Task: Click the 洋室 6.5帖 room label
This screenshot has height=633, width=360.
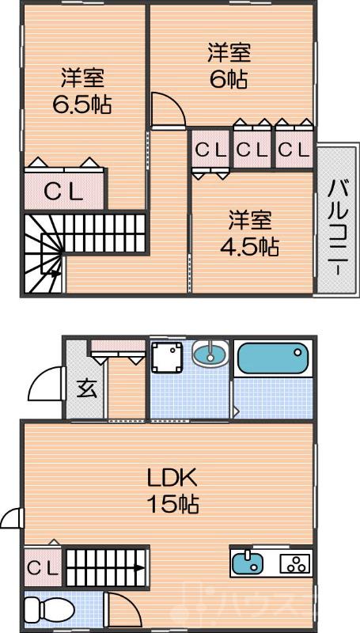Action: coord(81,92)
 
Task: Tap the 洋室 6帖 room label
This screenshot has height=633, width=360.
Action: coord(229,66)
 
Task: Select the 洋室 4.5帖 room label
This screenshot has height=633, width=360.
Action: coord(249,233)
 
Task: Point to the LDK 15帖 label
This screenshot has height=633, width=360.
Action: coord(171,490)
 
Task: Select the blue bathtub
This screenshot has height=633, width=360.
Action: coord(271,358)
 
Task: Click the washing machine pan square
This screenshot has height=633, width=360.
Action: coord(168,358)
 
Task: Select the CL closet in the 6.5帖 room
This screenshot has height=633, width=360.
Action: coord(63,190)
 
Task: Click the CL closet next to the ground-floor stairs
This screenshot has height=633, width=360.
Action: coord(42,567)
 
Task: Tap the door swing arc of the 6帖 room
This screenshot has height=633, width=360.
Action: coord(164,108)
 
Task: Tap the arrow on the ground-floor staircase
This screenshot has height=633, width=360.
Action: coord(136,567)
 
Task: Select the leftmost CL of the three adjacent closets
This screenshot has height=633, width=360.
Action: coord(210,149)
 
